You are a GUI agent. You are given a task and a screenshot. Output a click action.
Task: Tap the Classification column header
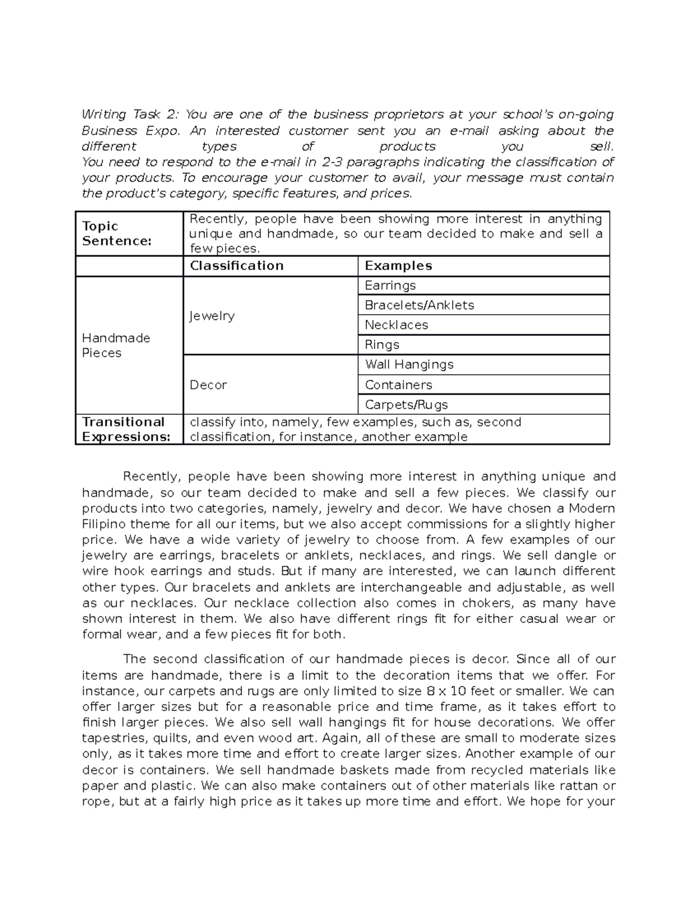(236, 266)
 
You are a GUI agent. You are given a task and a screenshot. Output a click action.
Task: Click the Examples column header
(398, 266)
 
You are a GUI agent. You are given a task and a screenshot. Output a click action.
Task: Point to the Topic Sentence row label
(116, 234)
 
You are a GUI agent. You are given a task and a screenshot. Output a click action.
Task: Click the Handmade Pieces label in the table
(116, 346)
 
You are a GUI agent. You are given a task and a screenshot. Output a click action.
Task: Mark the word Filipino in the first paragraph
(105, 524)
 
